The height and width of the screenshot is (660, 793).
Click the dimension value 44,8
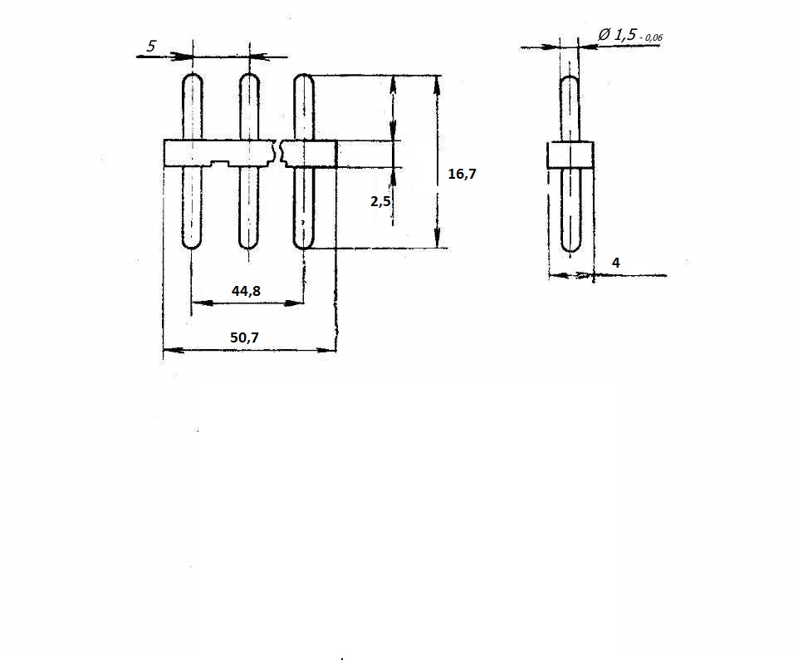click(x=246, y=291)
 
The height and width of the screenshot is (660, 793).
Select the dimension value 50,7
click(x=244, y=337)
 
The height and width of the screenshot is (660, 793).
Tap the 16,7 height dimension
click(x=462, y=174)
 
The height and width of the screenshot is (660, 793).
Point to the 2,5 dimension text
click(x=380, y=201)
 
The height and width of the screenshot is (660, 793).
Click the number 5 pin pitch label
click(x=151, y=46)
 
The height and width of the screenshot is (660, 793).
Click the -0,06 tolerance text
click(x=651, y=37)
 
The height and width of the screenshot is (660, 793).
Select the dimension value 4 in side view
click(x=615, y=263)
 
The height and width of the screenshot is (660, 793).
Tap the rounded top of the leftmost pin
click(x=193, y=75)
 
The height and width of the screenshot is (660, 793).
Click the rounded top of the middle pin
click(x=249, y=75)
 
